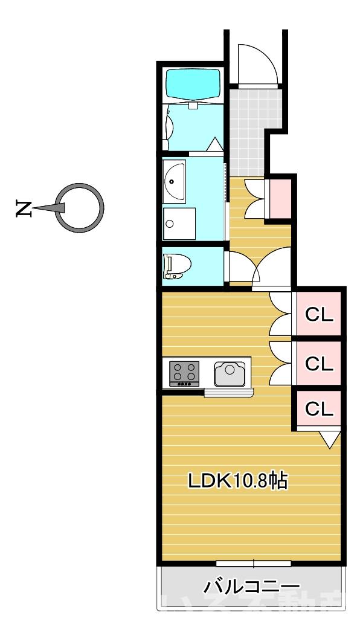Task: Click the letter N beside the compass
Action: (x=24, y=208)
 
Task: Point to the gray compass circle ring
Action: (x=80, y=187)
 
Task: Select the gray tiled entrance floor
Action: (x=248, y=130)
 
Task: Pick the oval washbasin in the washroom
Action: (x=175, y=182)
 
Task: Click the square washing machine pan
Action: (x=179, y=224)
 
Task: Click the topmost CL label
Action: (x=319, y=315)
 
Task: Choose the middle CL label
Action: (x=319, y=363)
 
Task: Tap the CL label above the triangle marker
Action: (x=319, y=409)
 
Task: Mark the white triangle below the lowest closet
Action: (x=329, y=440)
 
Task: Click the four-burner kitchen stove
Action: (x=185, y=373)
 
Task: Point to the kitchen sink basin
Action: (x=230, y=373)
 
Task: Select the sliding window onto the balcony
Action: (x=253, y=564)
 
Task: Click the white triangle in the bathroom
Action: (x=214, y=145)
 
